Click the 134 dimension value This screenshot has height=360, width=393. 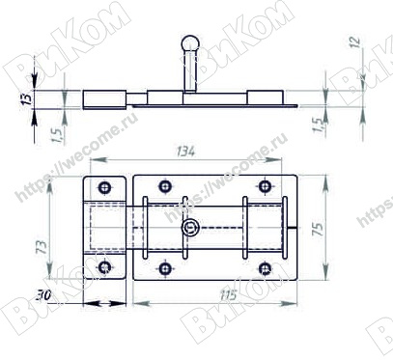pos(186,152)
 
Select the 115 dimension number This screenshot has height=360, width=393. pos(228,294)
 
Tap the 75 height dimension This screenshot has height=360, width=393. pos(318,228)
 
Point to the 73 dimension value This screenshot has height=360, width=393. pos(42,247)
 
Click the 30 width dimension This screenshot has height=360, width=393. pos(43,295)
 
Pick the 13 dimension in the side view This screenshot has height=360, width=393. pos(27,98)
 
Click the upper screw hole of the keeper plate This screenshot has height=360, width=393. pos(104,187)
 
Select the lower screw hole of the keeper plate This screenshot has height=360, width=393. pos(104,266)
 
